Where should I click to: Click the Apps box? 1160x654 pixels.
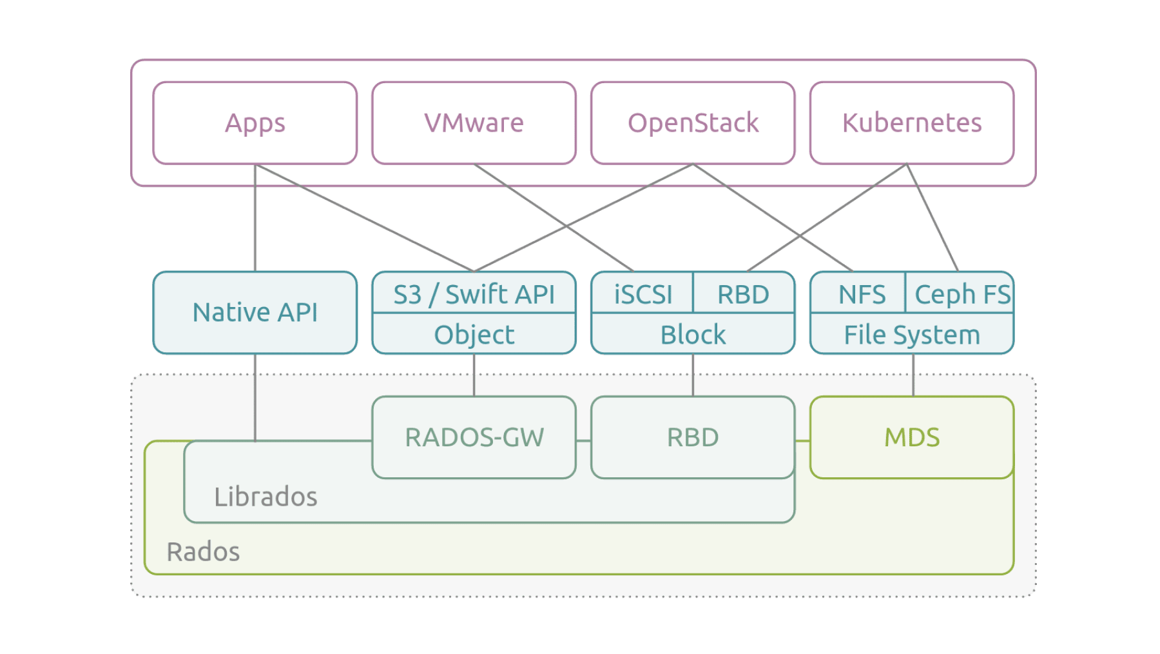pos(255,123)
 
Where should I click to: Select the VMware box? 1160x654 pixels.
pos(474,123)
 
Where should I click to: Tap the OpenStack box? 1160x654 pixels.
pos(693,123)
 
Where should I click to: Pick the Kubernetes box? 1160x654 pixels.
pos(911,123)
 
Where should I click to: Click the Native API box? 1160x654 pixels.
pos(255,313)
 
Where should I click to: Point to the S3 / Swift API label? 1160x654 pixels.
pos(474,295)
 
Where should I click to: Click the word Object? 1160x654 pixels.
pos(474,335)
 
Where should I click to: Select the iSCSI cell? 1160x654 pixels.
pos(643,295)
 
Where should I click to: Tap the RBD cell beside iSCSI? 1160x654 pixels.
pos(743,295)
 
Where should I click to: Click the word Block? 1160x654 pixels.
pos(693,335)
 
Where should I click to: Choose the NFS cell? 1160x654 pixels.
pos(861,295)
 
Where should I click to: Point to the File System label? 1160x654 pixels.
pos(911,335)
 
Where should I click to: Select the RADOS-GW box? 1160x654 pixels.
pos(474,437)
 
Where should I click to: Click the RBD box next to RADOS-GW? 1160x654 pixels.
pos(693,437)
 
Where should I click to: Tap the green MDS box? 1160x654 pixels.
pos(911,437)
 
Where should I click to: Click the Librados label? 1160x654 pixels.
pos(266,497)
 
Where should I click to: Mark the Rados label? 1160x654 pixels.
pos(203,552)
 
